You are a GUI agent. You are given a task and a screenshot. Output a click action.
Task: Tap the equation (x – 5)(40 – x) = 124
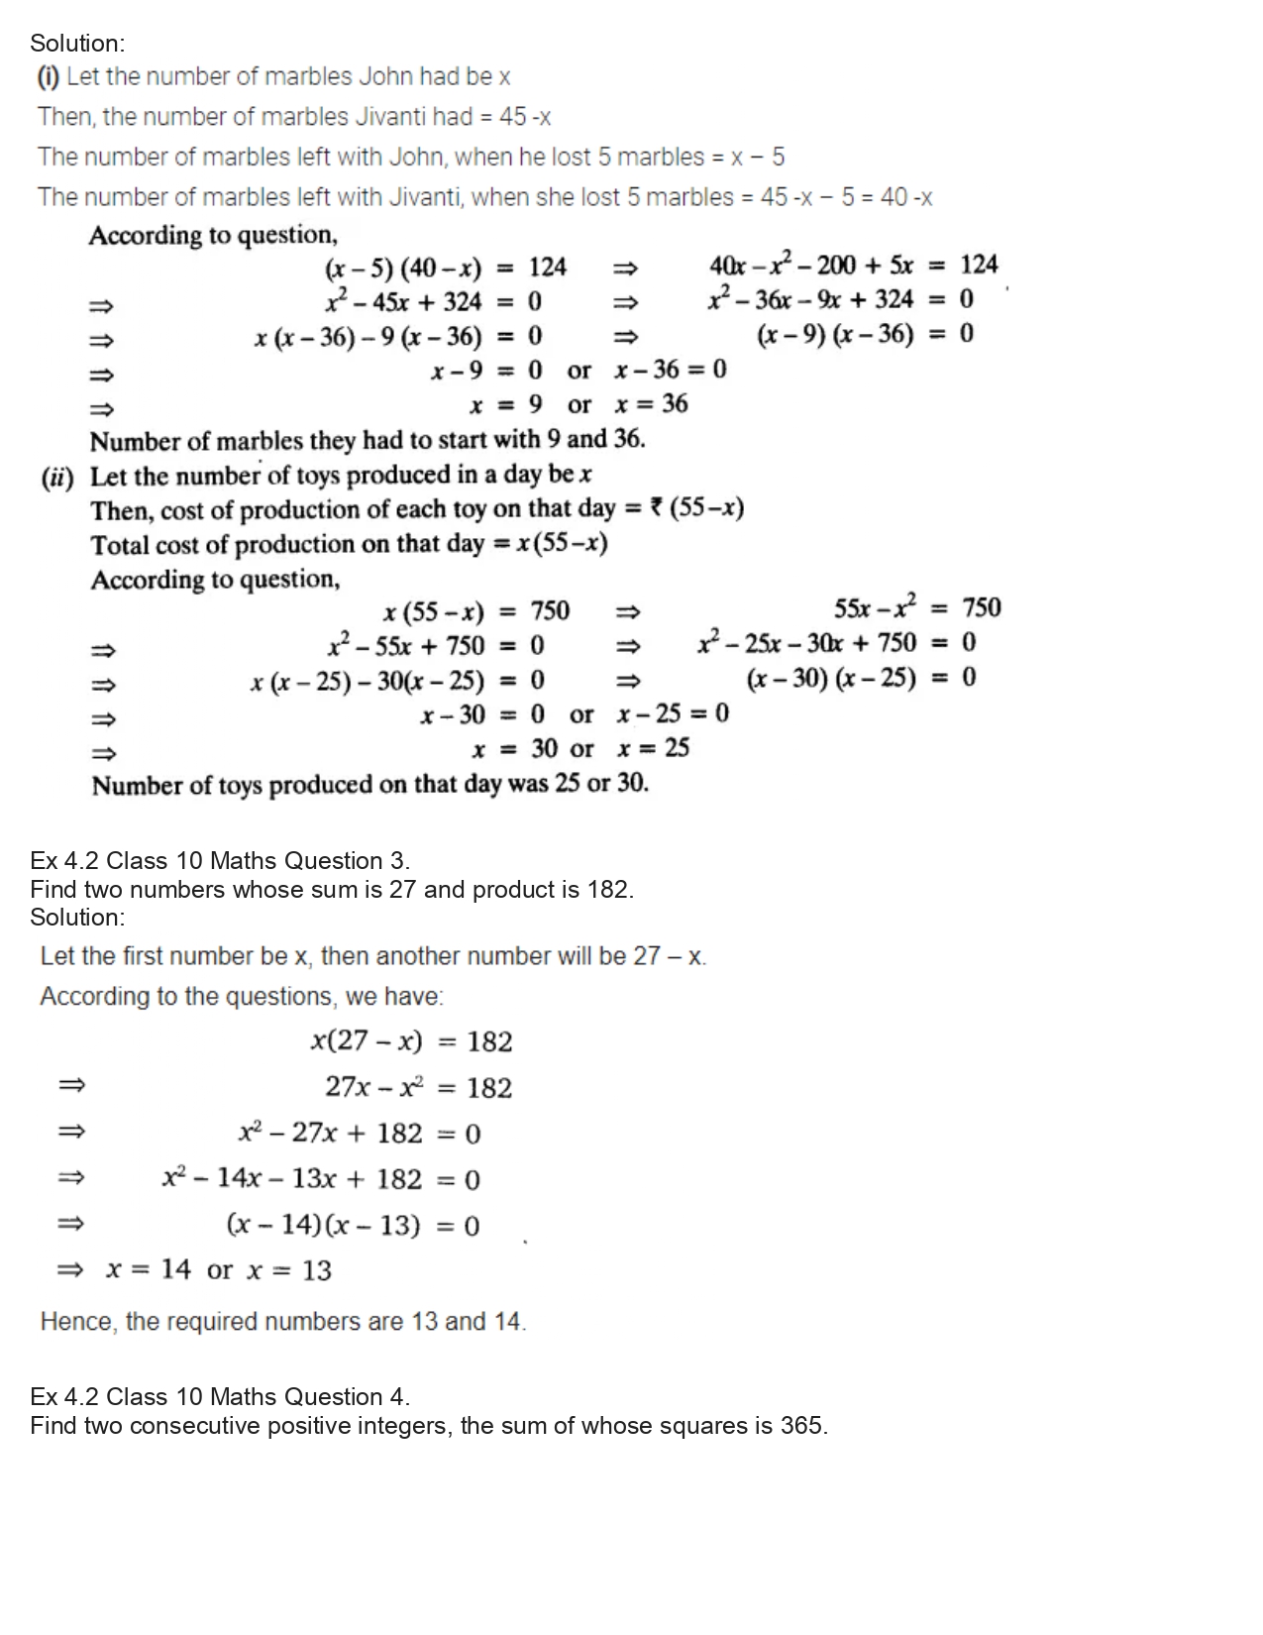[445, 268]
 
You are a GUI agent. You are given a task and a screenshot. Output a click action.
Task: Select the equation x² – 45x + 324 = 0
[433, 301]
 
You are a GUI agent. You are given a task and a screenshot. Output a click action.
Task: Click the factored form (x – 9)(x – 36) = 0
[864, 334]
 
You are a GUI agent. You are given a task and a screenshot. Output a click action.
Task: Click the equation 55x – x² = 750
[916, 607]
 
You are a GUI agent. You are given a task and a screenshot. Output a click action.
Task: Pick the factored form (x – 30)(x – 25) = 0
[860, 678]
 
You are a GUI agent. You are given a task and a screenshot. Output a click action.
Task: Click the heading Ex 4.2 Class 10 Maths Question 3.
[220, 860]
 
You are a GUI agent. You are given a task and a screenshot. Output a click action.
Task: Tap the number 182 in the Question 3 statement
[607, 889]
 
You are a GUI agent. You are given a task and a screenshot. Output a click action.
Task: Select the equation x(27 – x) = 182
[411, 1041]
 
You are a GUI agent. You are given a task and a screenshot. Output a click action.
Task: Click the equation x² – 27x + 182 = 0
[359, 1134]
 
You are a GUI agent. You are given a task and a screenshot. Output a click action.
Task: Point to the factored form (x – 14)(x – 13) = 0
[353, 1226]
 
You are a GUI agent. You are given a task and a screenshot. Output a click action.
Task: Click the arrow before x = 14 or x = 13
[69, 1270]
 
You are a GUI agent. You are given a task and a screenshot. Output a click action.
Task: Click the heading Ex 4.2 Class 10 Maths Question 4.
[220, 1397]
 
